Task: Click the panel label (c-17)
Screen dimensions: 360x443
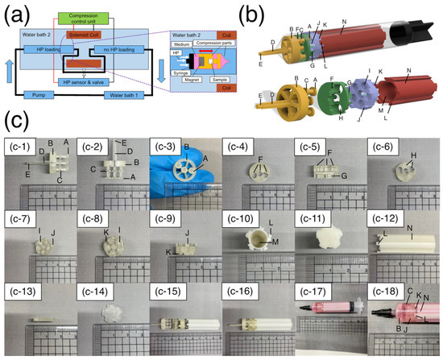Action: coord(310,287)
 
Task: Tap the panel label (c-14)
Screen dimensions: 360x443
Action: coord(93,287)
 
